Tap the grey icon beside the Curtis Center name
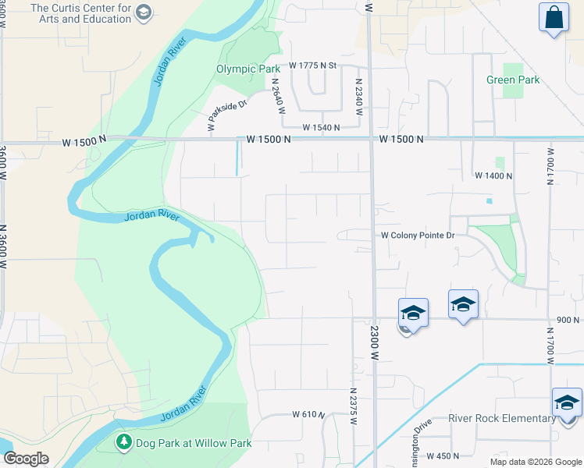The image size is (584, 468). (143, 12)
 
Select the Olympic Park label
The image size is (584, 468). (247, 69)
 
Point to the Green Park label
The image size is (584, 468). (513, 80)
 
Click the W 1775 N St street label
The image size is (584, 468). (312, 66)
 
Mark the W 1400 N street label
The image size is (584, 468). (493, 176)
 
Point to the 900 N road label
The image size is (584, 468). (568, 320)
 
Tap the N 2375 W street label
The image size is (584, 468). (353, 406)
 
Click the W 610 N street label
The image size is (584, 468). (308, 415)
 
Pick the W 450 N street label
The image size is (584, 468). (454, 456)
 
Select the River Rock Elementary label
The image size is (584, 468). (501, 418)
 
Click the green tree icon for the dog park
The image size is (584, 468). (123, 442)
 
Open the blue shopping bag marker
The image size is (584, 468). (554, 17)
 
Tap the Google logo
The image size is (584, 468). (26, 459)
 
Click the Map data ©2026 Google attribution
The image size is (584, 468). (535, 461)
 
